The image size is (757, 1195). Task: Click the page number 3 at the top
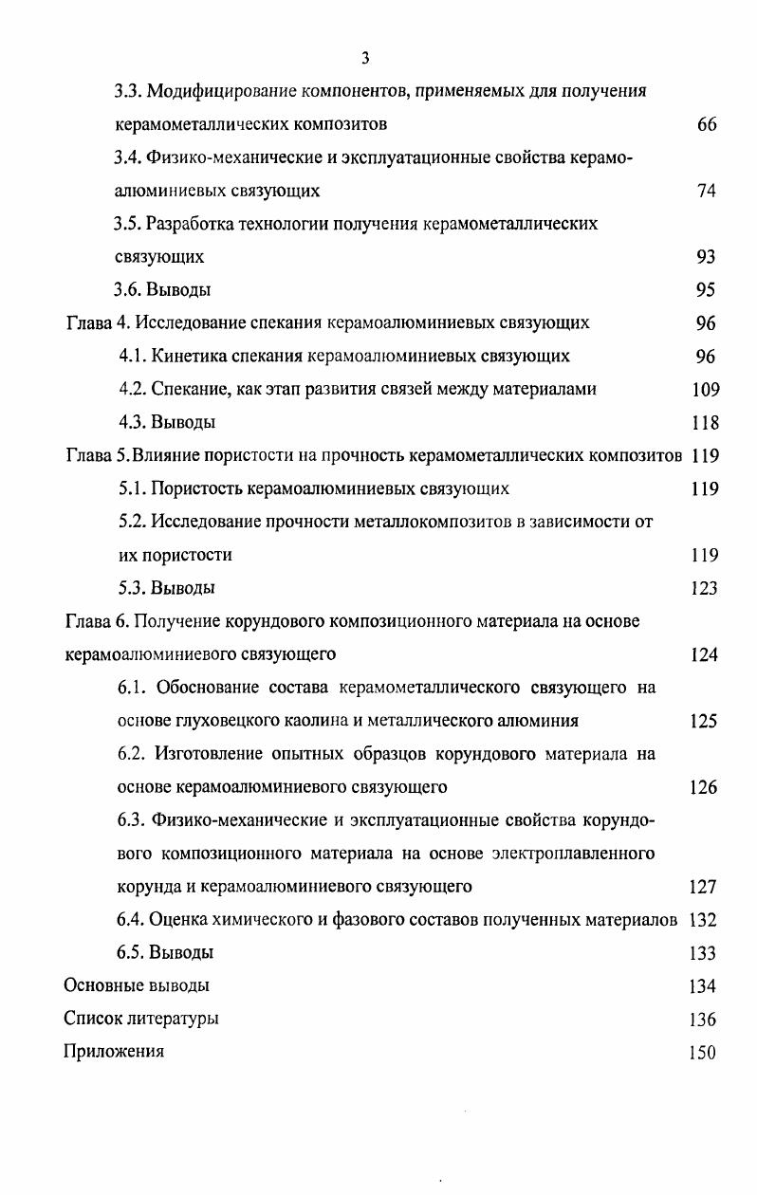[x=365, y=59]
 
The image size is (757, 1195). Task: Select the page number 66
[x=706, y=125]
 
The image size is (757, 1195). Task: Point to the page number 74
[x=706, y=191]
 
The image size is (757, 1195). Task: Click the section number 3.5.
[x=127, y=224]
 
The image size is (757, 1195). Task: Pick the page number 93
[x=706, y=257]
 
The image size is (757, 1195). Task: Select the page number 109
[x=705, y=390]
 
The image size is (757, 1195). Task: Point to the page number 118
[x=705, y=423]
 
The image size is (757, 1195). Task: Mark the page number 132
[x=704, y=920]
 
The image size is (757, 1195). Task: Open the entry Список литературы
[x=141, y=1020]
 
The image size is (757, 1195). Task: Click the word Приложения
[x=114, y=1052]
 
